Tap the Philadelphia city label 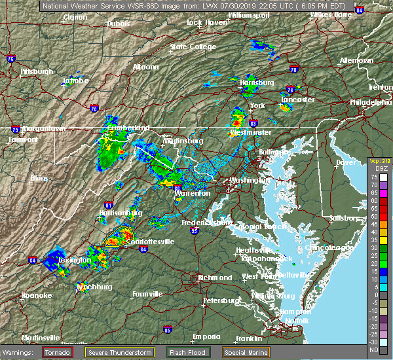370,102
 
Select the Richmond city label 215,278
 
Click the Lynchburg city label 94,287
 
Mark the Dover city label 346,162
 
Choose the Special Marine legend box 245,352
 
